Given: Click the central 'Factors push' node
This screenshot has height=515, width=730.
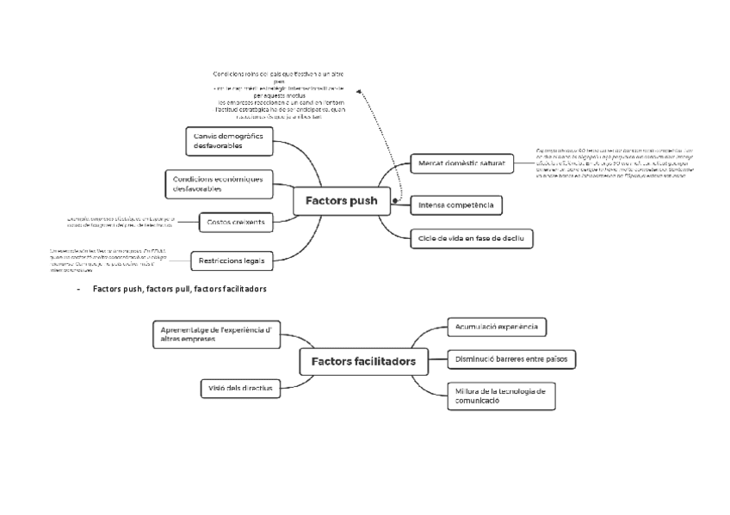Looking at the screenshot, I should coord(342,201).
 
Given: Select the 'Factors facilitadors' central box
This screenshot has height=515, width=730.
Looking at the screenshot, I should coord(362,361).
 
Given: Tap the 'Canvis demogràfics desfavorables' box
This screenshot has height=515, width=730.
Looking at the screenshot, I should coord(229,140).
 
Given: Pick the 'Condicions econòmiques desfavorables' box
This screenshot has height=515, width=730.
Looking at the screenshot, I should coord(218,183).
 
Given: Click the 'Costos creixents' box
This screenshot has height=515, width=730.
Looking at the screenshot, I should coord(235,223).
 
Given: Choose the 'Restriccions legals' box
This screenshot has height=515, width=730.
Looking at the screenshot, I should coord(232,260).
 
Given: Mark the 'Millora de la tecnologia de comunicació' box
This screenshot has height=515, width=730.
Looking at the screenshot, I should coord(501,395).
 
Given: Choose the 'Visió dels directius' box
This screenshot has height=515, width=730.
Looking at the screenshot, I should coord(240,388).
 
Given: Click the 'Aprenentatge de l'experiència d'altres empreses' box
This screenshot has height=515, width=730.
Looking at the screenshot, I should coord(216,334).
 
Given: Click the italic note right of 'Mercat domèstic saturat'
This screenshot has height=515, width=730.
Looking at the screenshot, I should coord(615,164).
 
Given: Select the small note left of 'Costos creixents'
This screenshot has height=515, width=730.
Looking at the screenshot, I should coord(120,222).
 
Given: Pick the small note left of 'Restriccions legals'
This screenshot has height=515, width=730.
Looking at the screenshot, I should coord(108,260).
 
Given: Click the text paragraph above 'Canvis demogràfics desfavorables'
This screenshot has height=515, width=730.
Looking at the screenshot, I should coord(278,95).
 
